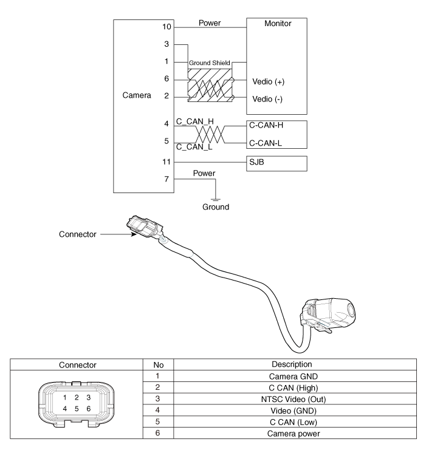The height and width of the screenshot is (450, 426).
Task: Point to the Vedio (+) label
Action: (x=269, y=81)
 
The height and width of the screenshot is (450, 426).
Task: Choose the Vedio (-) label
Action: (x=268, y=98)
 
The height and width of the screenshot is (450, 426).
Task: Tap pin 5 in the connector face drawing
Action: (x=77, y=409)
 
